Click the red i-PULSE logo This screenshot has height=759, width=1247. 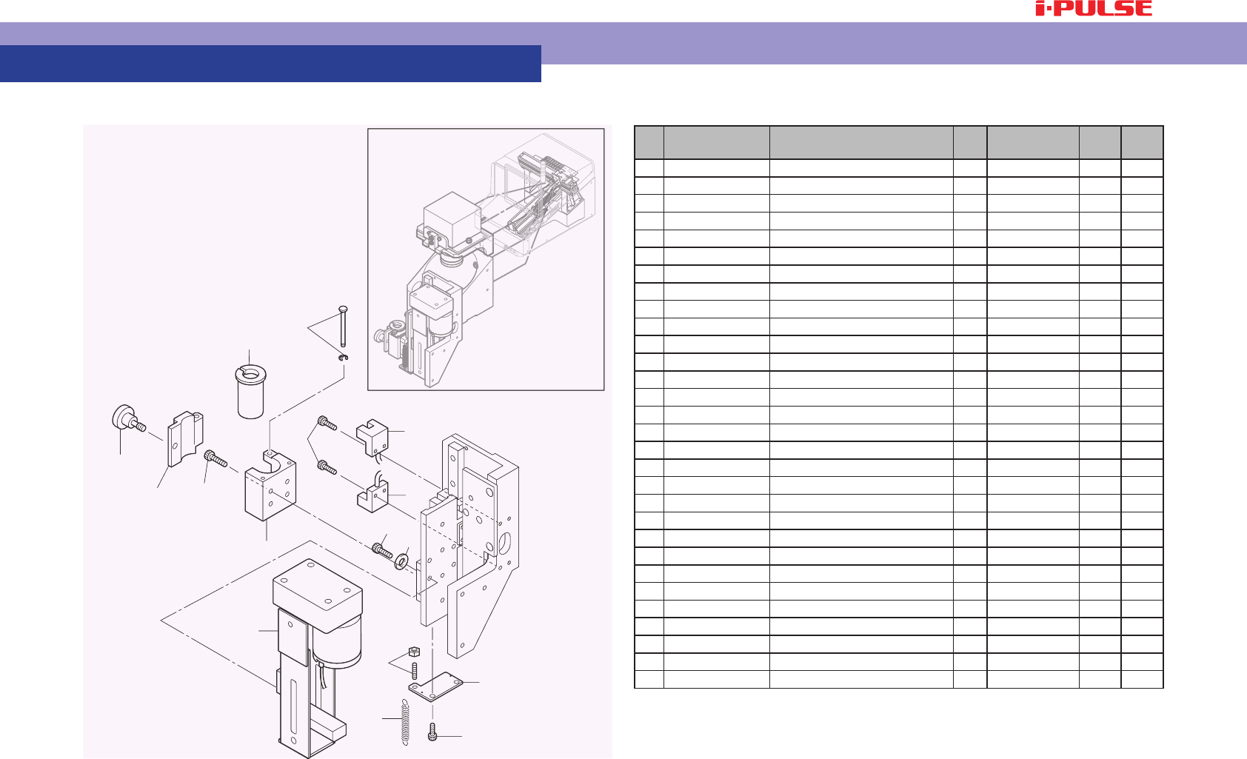tap(1094, 8)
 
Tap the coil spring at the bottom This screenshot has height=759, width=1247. tap(405, 722)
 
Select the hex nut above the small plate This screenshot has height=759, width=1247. tap(414, 652)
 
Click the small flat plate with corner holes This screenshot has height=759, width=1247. tap(436, 686)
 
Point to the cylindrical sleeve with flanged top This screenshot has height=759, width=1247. tap(250, 391)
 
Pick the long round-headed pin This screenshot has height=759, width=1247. tap(343, 327)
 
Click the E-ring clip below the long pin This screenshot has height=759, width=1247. tap(343, 357)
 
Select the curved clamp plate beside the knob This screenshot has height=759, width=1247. tap(185, 439)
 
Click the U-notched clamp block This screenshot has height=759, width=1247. tap(270, 484)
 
